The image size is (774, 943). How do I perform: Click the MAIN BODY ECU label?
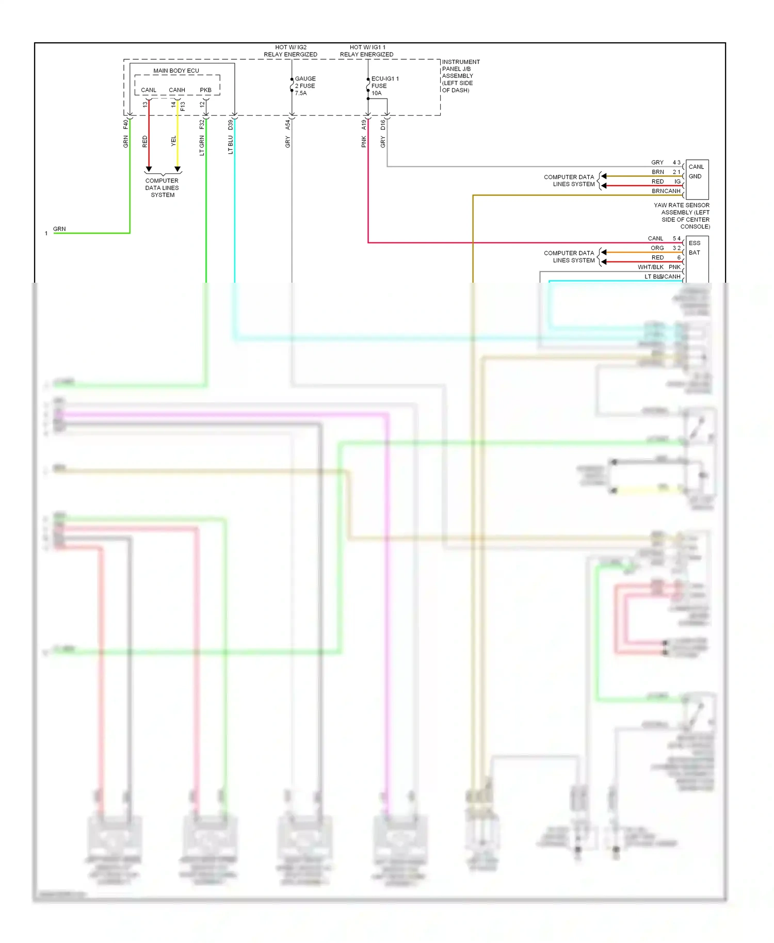point(176,71)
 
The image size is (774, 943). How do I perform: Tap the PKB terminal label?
point(205,90)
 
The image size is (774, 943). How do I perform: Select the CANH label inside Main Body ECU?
point(176,90)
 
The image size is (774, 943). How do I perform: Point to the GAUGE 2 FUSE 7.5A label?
point(305,86)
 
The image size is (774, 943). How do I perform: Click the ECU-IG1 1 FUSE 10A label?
point(384,86)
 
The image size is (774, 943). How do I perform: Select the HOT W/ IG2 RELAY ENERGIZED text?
point(291,51)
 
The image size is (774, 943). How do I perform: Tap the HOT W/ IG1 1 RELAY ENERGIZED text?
point(366,51)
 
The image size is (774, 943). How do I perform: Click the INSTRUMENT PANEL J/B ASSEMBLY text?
point(460,76)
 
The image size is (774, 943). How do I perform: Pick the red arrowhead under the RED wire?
point(149,169)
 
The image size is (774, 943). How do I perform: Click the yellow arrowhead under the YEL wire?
point(178,169)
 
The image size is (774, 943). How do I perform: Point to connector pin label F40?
point(125,124)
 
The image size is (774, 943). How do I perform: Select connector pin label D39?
point(231,124)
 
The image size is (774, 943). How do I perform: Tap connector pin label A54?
point(288,124)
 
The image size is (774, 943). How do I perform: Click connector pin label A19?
point(364,124)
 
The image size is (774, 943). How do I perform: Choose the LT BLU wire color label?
point(231,145)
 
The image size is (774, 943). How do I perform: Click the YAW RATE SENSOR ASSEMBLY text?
point(682,216)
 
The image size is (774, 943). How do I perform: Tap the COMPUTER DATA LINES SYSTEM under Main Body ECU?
point(162,188)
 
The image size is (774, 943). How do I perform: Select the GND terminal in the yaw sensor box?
point(695,176)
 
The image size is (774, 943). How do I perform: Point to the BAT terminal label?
point(695,253)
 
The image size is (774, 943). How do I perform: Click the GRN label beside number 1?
point(59,229)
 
